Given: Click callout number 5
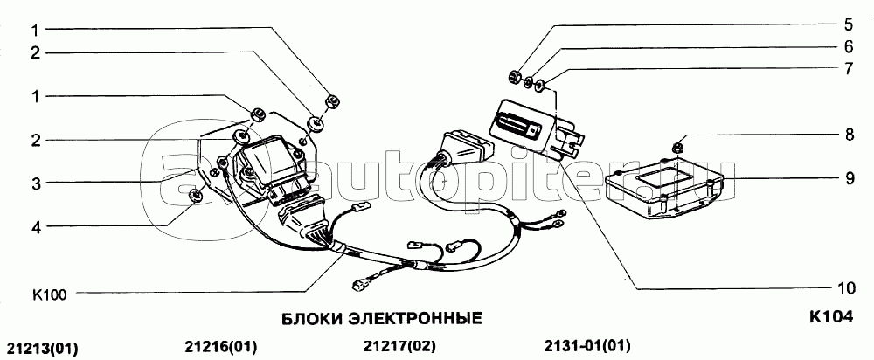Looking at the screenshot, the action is coord(848,24).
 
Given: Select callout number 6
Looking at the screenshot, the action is coord(848,47).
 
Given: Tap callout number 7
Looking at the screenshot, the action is coord(848,69).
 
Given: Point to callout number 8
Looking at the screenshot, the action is coord(848,135).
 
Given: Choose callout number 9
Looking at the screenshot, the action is coord(848,178).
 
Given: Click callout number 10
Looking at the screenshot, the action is coord(845,288).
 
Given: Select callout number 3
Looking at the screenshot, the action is coord(36,183).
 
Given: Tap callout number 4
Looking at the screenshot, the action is coord(36,226).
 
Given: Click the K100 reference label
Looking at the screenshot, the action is coord(50,295).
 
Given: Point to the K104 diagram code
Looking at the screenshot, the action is coord(830,316).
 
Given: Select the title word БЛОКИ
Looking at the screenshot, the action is coord(312,319).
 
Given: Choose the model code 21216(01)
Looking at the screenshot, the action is coord(219,347).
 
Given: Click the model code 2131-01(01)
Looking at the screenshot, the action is coord(587,346).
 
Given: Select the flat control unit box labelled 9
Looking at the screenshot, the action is coord(664,190).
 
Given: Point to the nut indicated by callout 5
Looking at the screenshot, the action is coord(516,76).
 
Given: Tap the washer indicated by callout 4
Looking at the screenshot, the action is coord(196,196).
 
